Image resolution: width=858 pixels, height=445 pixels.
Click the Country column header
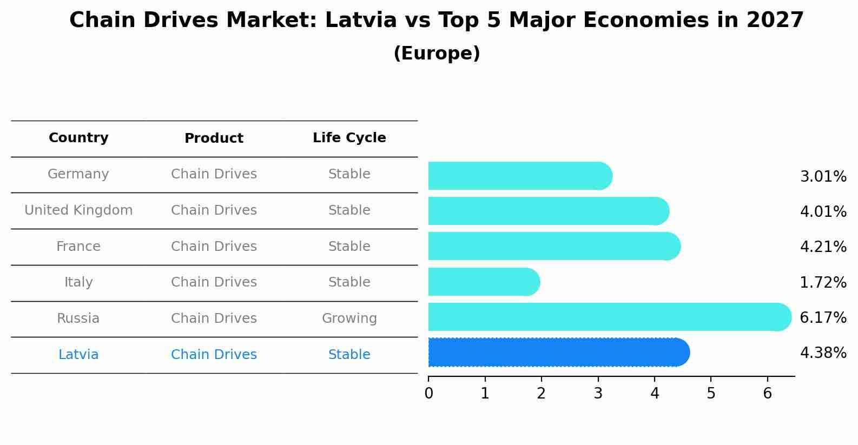[78, 138]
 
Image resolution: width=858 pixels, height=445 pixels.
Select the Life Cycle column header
[349, 138]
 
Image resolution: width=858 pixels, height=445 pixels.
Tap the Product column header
[214, 138]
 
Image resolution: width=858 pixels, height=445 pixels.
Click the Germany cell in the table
[78, 174]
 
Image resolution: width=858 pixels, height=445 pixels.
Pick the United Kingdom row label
[78, 210]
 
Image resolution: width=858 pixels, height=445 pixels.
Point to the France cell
[78, 247]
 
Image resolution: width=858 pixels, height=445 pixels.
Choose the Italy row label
[78, 282]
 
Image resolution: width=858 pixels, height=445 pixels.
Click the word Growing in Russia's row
[349, 318]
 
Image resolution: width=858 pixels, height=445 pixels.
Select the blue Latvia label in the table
[78, 355]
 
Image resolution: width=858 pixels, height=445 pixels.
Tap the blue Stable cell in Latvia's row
[349, 355]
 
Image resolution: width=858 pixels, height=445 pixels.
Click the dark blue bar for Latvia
[557, 353]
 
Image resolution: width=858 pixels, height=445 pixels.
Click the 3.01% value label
[823, 177]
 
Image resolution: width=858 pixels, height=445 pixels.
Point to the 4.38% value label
[823, 353]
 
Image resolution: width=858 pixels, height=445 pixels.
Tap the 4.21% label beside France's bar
[823, 247]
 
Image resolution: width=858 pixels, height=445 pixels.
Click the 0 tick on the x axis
[428, 394]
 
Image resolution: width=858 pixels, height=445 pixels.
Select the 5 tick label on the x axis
[711, 394]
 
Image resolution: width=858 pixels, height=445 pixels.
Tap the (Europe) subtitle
[437, 54]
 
